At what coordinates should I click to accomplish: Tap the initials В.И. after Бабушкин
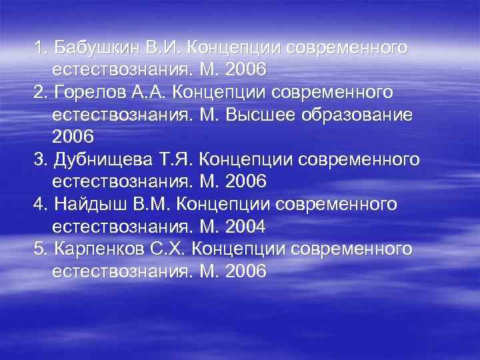(163, 48)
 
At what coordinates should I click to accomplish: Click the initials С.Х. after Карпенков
(174, 249)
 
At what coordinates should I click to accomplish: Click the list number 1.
(39, 48)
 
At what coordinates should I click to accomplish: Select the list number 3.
(39, 161)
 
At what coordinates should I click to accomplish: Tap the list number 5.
(39, 249)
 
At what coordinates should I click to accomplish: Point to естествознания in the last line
(121, 272)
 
